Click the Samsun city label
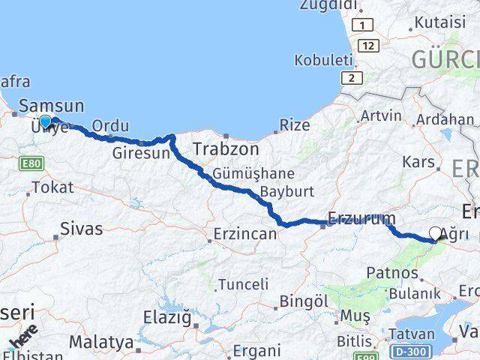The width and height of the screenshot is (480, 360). (x=52, y=106)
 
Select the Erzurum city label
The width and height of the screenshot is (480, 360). (x=361, y=220)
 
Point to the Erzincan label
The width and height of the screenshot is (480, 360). (x=244, y=234)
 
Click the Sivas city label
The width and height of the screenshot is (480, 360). (x=81, y=229)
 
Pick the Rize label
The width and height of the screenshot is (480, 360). (x=295, y=124)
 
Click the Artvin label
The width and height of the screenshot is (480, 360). (x=381, y=116)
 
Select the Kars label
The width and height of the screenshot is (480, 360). (x=418, y=161)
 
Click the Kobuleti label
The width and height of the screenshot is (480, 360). (x=323, y=60)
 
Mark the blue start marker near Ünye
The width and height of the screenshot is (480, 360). (x=46, y=121)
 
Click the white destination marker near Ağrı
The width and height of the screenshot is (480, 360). (x=436, y=233)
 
